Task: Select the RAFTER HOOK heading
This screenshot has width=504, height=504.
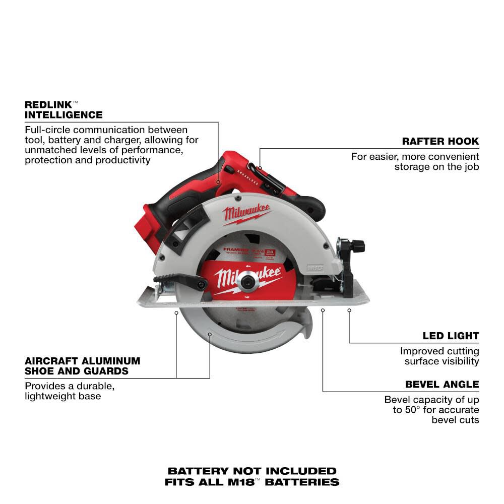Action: (440, 141)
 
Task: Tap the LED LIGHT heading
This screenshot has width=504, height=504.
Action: (451, 336)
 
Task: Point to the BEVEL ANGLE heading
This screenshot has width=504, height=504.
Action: (442, 384)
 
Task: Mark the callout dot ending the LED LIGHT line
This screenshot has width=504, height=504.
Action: (349, 311)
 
